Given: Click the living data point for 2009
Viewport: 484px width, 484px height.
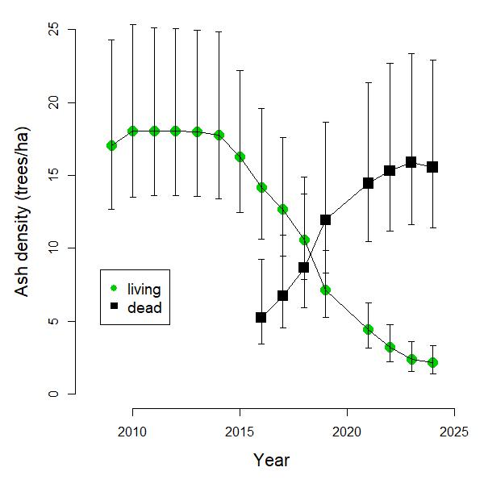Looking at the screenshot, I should coord(111,145).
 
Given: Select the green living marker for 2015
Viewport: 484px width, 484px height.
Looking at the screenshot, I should coord(240,156).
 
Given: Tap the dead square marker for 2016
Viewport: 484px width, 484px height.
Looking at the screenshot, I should coord(261,317).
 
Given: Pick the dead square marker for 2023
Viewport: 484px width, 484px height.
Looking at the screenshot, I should coord(411,162).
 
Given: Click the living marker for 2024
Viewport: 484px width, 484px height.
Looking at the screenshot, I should coord(432,362).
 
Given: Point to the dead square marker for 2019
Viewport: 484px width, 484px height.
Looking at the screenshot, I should coord(325,219).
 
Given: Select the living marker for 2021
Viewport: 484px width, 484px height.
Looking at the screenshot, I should coord(368,329).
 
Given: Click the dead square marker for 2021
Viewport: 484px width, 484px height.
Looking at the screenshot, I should coord(368,183).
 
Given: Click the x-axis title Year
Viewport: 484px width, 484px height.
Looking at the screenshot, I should coord(271,461).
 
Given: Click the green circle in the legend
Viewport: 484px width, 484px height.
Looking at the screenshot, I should coord(114,289).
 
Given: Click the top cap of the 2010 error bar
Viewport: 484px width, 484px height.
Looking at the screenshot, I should coord(132,24).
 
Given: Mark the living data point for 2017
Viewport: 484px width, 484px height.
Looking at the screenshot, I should coord(282,209).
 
